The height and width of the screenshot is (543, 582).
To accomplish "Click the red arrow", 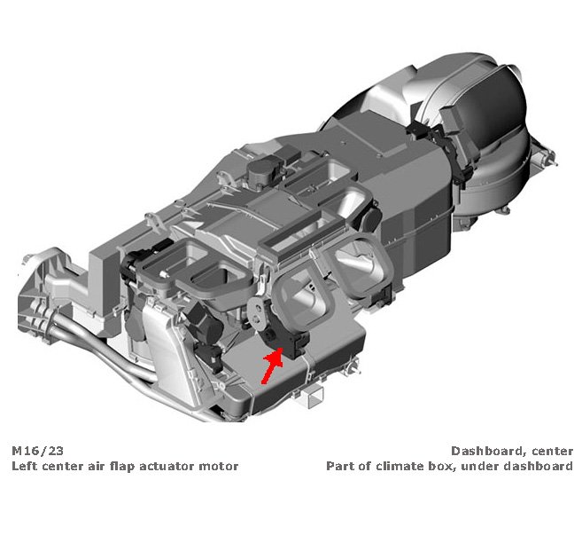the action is (x=272, y=366).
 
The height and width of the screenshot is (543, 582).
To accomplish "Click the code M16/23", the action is (x=37, y=451).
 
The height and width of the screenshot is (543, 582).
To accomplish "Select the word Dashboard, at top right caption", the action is (x=489, y=452).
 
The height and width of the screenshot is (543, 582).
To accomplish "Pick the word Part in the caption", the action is (x=339, y=466).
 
